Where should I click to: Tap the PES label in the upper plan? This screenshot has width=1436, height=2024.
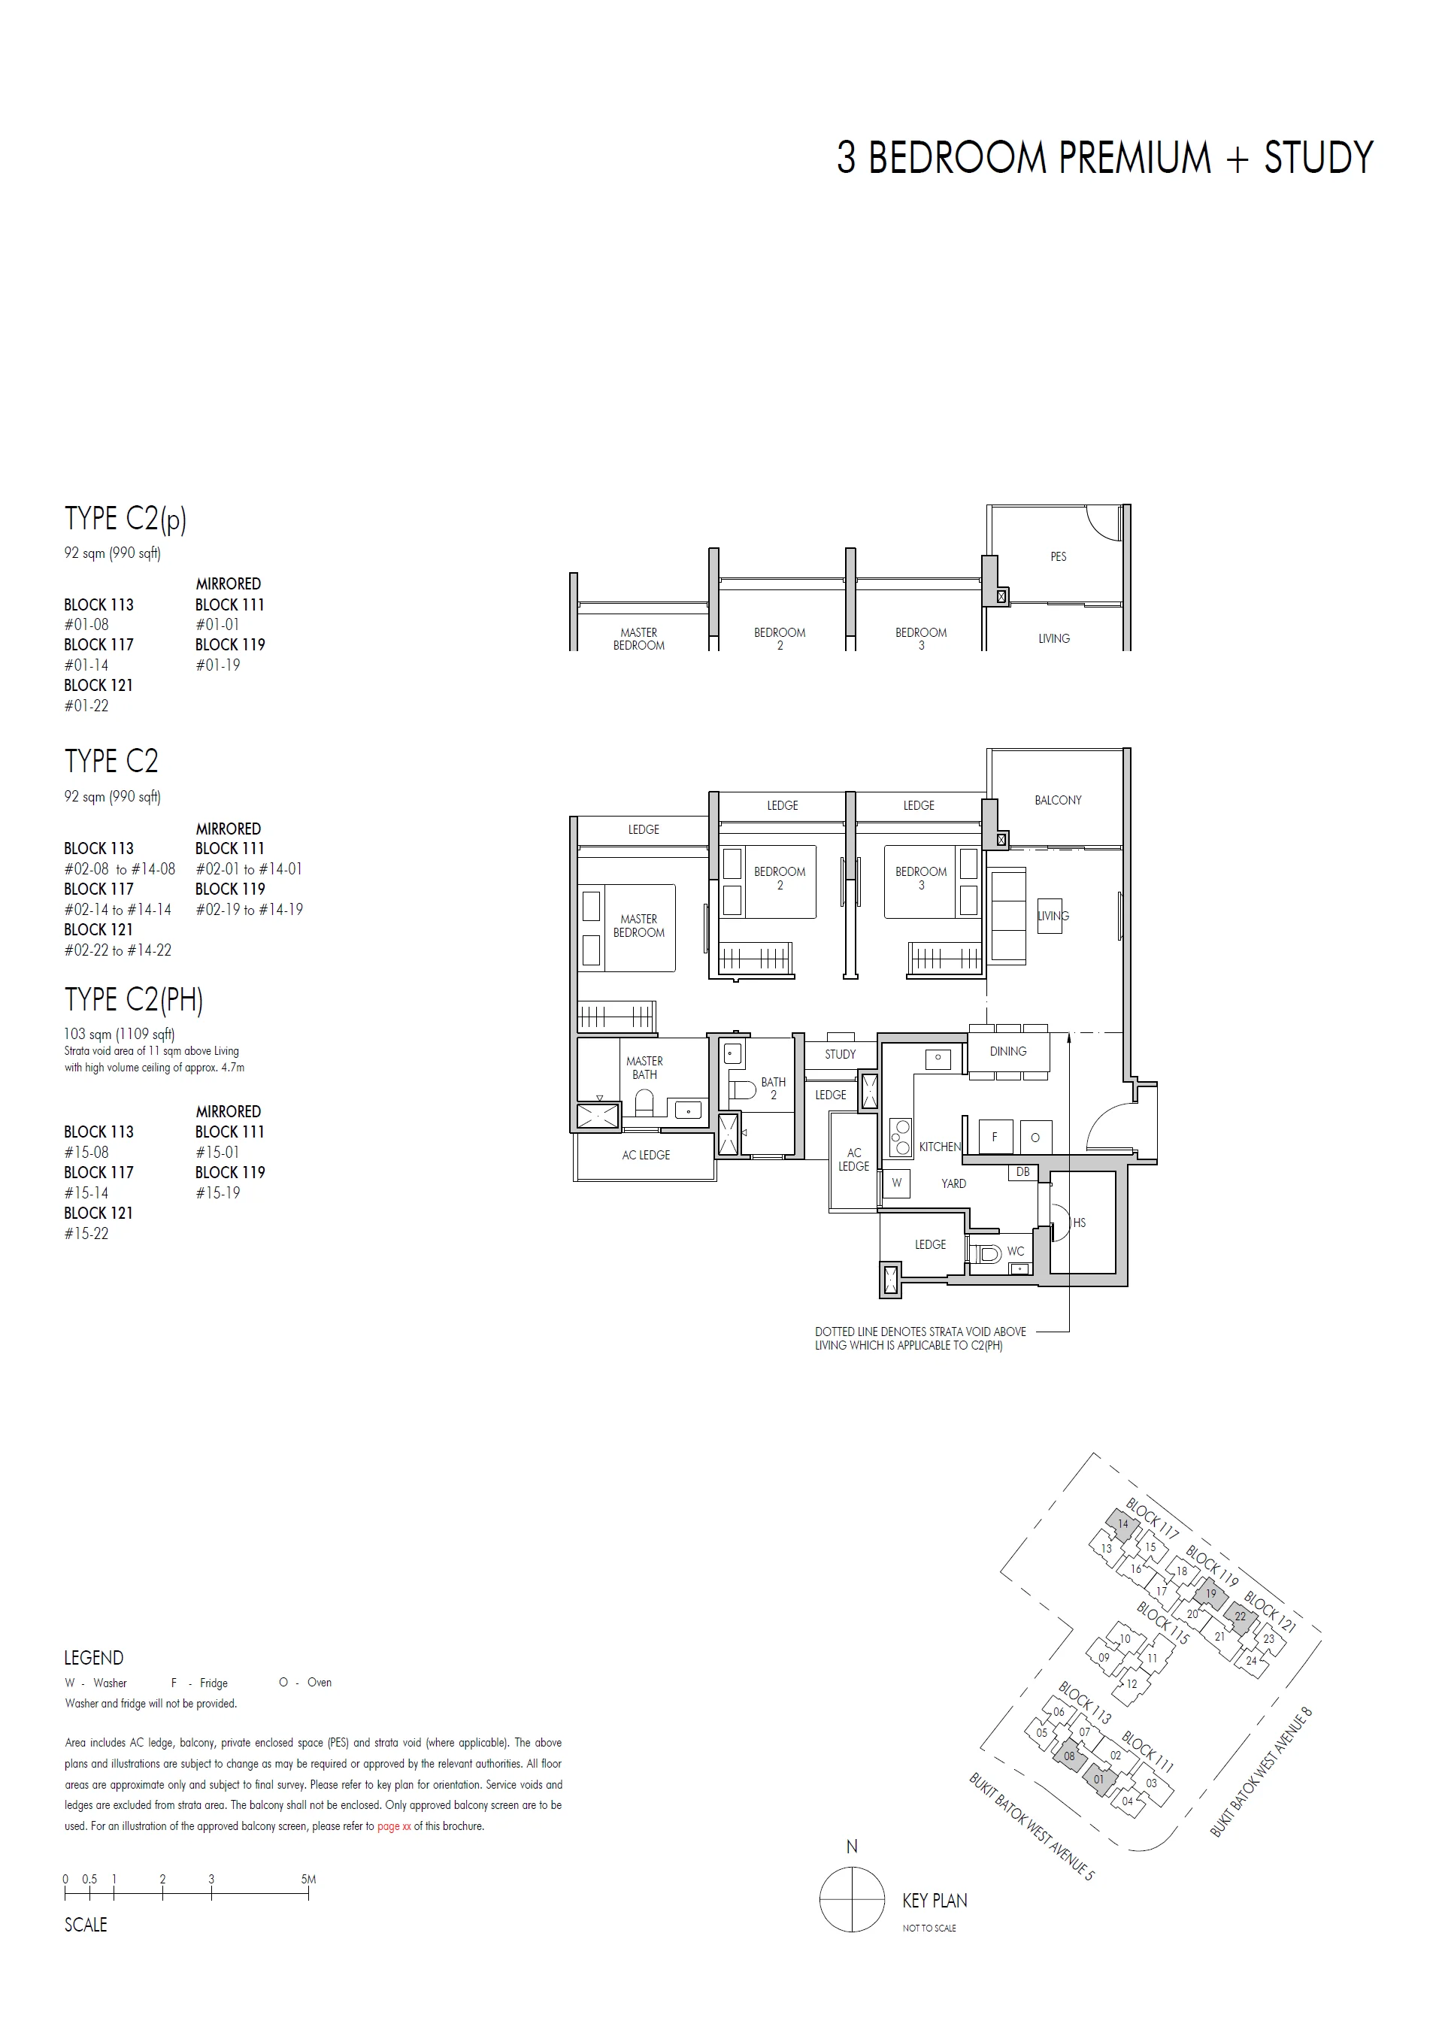[1058, 557]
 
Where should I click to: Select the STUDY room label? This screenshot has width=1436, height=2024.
[839, 1054]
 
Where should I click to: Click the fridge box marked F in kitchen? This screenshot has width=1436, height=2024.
[994, 1137]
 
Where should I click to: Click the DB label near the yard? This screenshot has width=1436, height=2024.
[1022, 1172]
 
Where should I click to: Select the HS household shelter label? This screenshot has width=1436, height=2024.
[1079, 1223]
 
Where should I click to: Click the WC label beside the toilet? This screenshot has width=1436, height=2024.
[1015, 1251]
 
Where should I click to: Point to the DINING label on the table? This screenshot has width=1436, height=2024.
[1008, 1051]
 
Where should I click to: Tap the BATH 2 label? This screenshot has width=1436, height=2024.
[773, 1089]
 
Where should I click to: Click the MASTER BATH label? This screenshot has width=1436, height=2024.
[644, 1068]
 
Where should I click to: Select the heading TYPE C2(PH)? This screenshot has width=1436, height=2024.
[134, 999]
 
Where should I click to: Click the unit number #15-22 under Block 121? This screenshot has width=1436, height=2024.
[86, 1234]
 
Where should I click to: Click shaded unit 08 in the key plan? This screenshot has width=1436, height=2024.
[1069, 1756]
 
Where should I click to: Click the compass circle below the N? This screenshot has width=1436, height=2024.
[852, 1899]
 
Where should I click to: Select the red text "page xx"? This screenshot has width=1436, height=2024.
[395, 1826]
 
